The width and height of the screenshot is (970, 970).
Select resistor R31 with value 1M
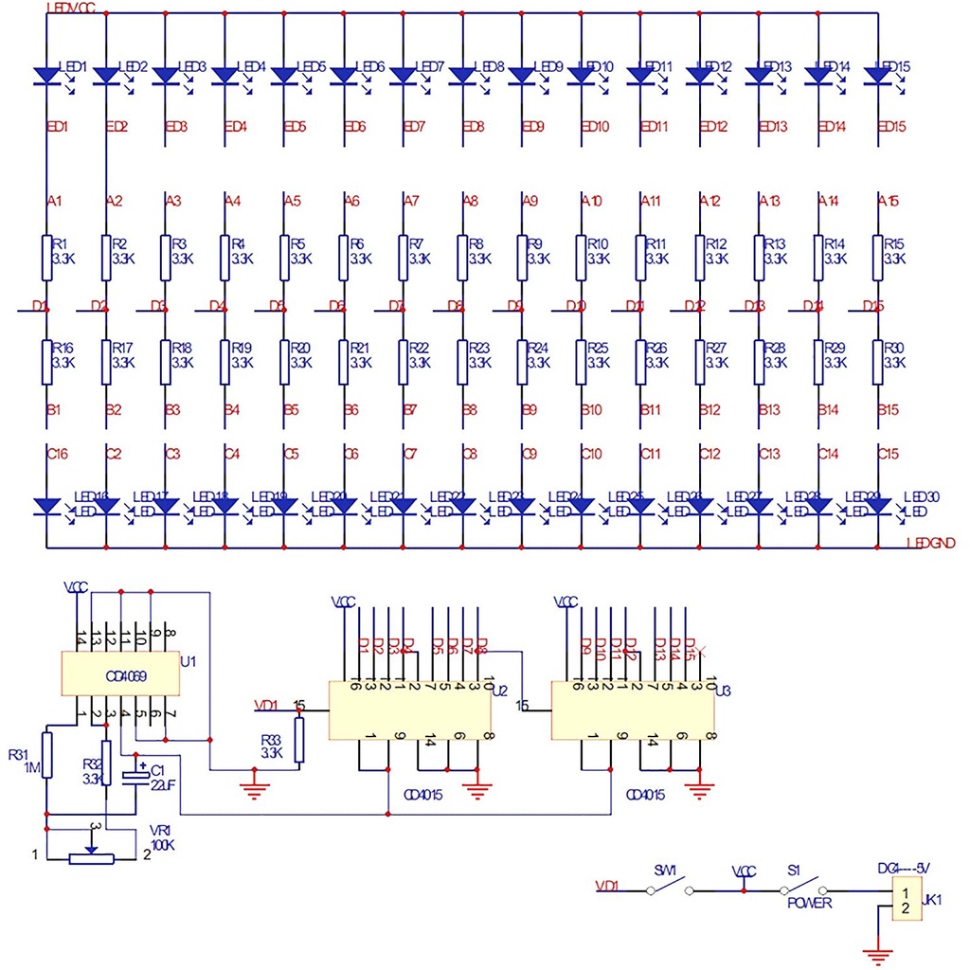click(x=46, y=755)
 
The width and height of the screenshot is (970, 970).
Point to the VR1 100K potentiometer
click(x=91, y=858)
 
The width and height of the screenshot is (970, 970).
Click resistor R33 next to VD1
click(x=300, y=740)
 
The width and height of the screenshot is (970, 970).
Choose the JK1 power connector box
click(x=906, y=900)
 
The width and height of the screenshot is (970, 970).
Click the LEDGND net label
click(x=929, y=543)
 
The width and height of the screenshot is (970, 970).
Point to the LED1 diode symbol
click(x=46, y=75)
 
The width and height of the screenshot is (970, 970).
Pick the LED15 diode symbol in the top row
click(x=878, y=75)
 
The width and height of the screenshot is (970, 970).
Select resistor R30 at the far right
click(x=878, y=362)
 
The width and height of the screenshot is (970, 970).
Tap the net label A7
click(x=410, y=201)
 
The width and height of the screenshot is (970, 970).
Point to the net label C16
click(x=57, y=455)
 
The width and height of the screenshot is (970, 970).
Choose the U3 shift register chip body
click(x=633, y=710)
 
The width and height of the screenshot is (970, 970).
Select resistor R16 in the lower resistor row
click(x=46, y=362)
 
